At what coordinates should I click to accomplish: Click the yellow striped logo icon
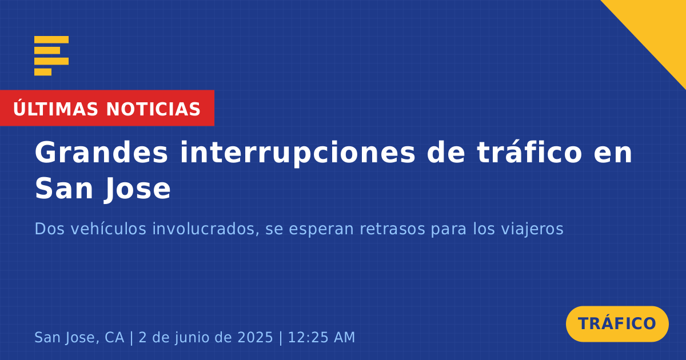[x=51, y=56]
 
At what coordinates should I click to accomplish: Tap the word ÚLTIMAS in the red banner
[x=55, y=109]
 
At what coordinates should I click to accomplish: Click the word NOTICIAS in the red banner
[x=153, y=109]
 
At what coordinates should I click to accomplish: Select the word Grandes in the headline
[x=101, y=152]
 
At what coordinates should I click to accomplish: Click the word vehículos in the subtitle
[x=109, y=229]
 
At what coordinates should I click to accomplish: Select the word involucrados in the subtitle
[x=204, y=229]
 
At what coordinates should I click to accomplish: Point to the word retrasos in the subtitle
[x=392, y=229]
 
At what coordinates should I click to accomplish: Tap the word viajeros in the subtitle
[x=532, y=229]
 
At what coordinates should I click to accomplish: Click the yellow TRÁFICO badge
[x=617, y=323]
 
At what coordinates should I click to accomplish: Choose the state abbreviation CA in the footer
[x=114, y=337]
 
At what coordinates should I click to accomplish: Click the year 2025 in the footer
[x=255, y=337]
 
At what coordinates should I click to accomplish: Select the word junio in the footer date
[x=194, y=338]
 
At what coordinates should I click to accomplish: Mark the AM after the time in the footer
[x=344, y=337]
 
